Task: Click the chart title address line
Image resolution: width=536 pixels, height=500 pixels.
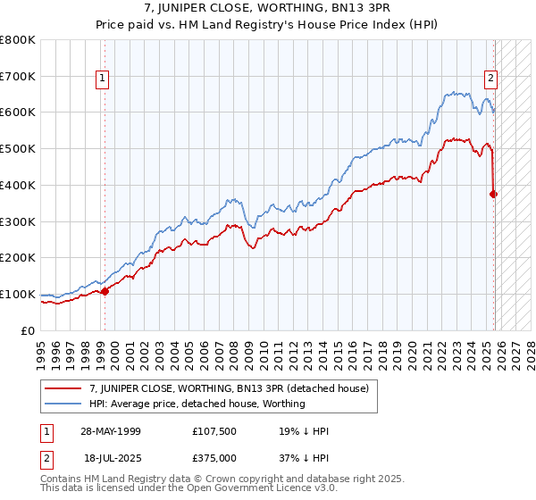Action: (267, 8)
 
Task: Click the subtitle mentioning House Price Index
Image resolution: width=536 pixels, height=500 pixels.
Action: (267, 24)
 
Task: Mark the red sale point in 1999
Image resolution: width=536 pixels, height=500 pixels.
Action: (105, 290)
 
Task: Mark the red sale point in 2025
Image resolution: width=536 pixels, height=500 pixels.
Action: (494, 193)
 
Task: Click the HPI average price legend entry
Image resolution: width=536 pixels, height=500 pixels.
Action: (197, 404)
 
